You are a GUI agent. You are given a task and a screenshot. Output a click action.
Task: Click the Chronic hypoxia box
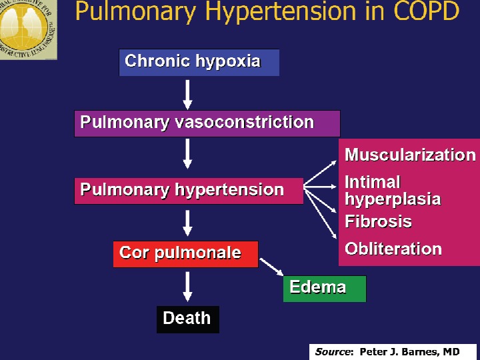[199, 62]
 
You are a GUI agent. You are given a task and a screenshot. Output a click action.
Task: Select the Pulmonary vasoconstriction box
[207, 123]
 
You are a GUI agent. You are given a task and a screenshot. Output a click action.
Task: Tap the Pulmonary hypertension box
[188, 190]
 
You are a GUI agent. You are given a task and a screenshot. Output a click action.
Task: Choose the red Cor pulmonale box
[185, 253]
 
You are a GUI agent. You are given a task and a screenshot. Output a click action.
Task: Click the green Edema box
[324, 288]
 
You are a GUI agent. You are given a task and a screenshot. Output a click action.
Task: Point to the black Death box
[187, 319]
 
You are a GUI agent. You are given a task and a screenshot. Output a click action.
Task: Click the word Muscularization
[409, 155]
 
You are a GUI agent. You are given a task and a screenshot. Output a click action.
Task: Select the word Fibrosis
[378, 222]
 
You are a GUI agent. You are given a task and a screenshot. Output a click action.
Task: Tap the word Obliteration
[393, 249]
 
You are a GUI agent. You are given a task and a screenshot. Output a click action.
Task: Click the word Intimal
[372, 182]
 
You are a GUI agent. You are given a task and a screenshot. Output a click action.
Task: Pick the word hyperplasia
[392, 199]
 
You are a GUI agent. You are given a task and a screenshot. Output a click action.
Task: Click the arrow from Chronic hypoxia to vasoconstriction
[188, 94]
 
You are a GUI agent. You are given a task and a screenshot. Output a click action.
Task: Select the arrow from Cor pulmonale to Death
[188, 287]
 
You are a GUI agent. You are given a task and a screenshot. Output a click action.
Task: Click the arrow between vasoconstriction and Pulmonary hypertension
[188, 155]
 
